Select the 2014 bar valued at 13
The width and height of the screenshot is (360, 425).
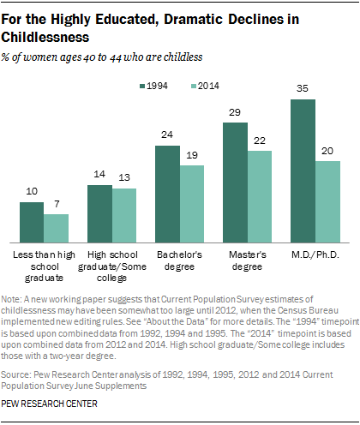tap(125, 214)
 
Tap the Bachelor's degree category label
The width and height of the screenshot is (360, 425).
tap(180, 260)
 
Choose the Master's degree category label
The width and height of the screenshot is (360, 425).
tap(248, 260)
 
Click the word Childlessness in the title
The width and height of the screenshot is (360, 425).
tap(51, 37)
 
